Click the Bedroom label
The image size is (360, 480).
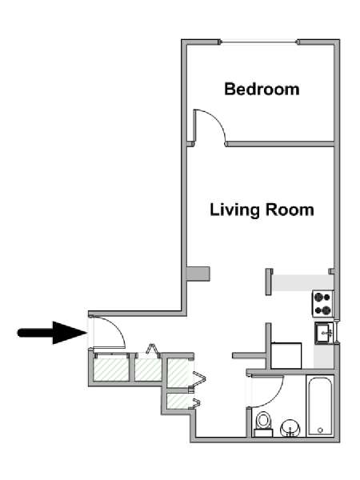[262, 89]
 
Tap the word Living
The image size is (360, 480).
[234, 210]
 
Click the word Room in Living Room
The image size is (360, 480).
[290, 210]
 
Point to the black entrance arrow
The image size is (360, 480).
[52, 333]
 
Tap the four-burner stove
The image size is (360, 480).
[322, 303]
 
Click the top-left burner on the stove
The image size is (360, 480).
[319, 297]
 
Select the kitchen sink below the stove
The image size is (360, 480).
[324, 333]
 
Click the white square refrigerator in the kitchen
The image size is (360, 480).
[286, 355]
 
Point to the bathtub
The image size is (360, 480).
[320, 406]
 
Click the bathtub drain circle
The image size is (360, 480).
[320, 430]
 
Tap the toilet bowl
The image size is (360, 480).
[263, 421]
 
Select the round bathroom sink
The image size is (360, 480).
[290, 428]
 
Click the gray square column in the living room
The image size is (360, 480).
[198, 274]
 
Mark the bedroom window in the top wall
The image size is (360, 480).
[259, 42]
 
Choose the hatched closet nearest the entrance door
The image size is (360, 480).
[111, 370]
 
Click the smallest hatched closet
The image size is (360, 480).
[178, 401]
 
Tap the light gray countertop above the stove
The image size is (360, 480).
[302, 282]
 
